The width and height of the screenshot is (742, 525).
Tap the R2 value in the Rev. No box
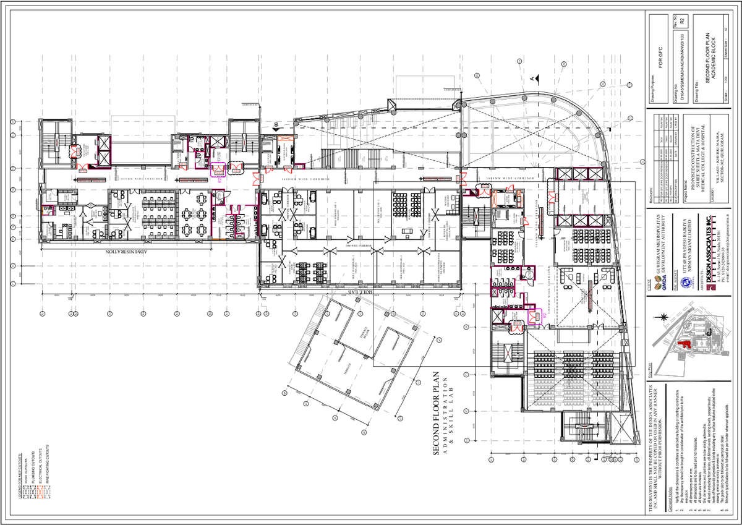click(681, 22)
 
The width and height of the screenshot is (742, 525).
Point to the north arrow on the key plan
click(663, 318)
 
